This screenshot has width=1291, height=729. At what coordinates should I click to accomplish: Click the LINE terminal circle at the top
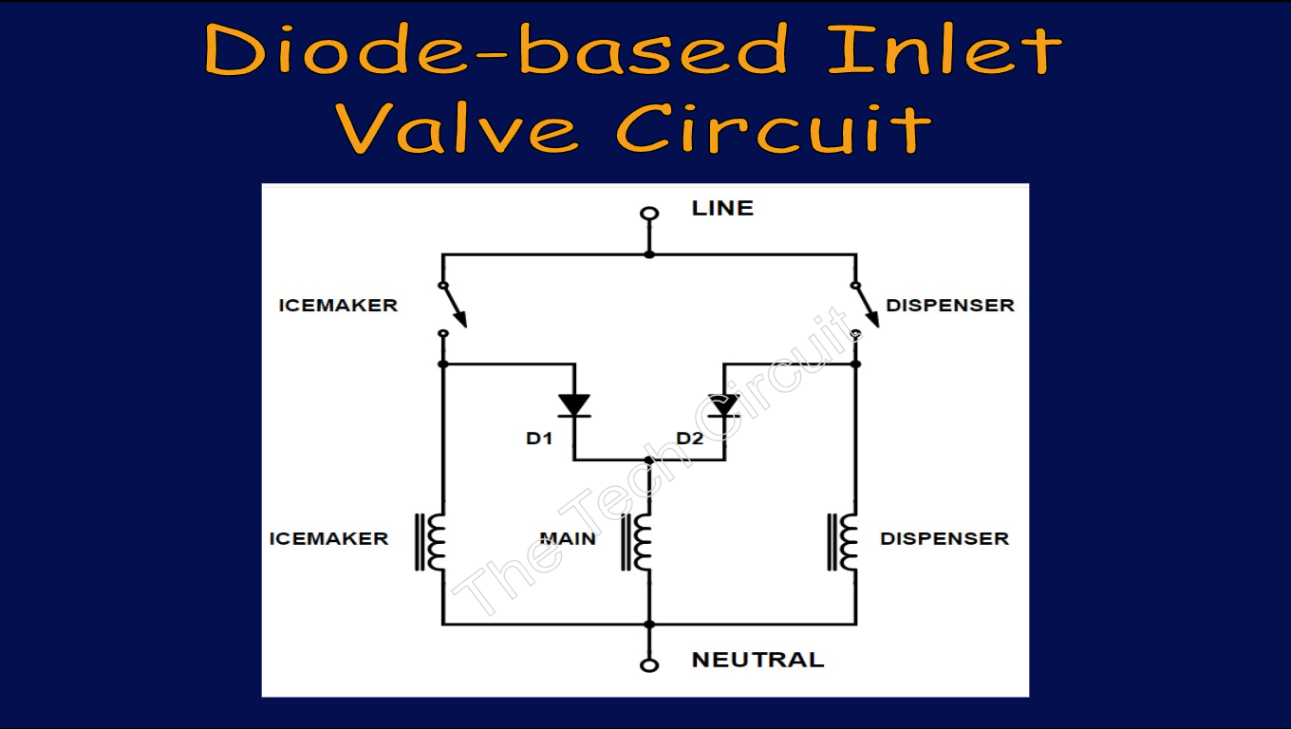[649, 214]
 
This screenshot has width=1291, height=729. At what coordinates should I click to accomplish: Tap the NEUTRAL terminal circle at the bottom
[649, 665]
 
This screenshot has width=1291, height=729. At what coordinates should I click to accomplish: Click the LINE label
[722, 208]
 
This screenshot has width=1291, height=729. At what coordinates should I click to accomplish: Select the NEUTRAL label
[758, 660]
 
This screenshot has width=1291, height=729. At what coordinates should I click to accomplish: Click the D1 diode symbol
[573, 406]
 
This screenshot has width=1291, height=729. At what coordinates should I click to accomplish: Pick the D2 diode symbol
[724, 406]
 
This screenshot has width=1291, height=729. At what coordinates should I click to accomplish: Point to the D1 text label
[539, 439]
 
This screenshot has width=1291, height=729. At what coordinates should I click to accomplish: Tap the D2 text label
[690, 439]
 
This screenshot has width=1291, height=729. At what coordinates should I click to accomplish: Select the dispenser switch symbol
[865, 308]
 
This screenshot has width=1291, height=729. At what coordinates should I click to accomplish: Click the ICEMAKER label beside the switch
[338, 306]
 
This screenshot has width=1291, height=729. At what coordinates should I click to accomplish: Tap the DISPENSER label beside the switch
[950, 306]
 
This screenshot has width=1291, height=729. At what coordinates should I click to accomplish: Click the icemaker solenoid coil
[432, 542]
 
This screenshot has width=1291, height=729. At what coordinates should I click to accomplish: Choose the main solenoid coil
[639, 542]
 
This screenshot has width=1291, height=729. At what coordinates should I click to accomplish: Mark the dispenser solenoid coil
[844, 542]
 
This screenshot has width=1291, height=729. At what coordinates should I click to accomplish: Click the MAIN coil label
[568, 538]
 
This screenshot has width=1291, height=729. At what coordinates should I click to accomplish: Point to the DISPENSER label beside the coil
[945, 538]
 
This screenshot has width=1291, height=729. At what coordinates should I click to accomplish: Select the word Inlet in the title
[945, 49]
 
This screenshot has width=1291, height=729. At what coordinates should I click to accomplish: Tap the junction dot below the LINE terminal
[649, 254]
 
